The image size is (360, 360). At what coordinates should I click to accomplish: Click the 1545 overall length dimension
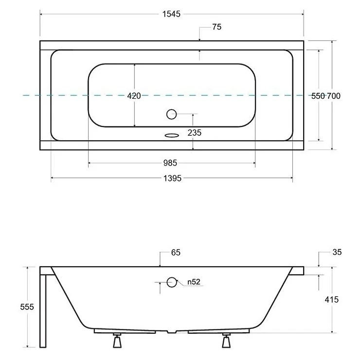point(171,14)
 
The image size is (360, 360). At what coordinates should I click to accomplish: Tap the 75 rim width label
point(217,27)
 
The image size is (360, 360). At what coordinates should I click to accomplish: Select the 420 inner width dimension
point(134,96)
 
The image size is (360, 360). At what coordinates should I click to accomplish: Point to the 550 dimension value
point(318,96)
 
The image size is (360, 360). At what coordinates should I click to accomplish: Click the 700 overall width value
point(334,96)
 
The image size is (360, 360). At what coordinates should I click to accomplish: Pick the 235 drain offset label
point(195,133)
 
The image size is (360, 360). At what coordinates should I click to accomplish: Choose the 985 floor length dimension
point(170,163)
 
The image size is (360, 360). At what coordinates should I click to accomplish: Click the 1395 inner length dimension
point(172,179)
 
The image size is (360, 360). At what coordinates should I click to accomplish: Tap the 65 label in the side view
point(176,252)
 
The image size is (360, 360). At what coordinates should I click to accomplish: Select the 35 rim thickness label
point(337,252)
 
